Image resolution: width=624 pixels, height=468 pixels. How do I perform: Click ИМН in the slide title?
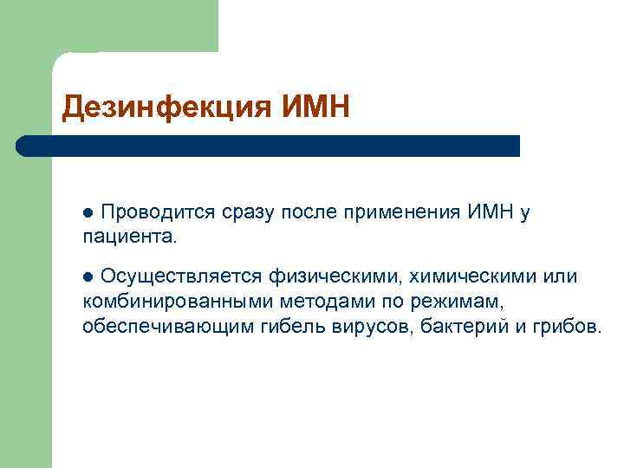[315, 107]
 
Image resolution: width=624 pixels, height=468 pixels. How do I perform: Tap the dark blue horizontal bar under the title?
[269, 146]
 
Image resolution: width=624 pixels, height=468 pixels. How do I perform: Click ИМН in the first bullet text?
[491, 211]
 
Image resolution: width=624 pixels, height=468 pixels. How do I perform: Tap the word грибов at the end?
[563, 326]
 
